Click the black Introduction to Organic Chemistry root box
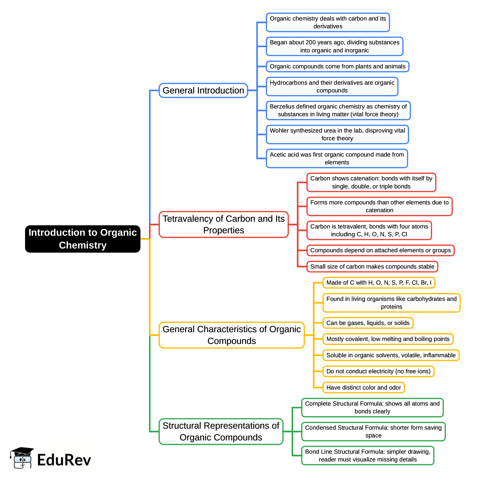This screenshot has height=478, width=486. click(83, 239)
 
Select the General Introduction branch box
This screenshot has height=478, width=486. click(203, 90)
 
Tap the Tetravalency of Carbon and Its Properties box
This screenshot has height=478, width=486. click(223, 224)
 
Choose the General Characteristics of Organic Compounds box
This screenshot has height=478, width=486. click(231, 335)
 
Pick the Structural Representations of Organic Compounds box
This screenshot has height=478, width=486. click(221, 431)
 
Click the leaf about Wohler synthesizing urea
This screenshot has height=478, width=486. click(337, 134)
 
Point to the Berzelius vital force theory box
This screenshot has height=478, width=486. click(338, 110)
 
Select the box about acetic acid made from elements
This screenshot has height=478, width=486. click(337, 158)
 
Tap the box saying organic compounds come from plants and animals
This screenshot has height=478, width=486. click(337, 66)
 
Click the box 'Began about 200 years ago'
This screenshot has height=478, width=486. click(334, 46)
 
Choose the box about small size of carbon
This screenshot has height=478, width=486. click(372, 266)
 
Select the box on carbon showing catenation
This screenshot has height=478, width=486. click(371, 182)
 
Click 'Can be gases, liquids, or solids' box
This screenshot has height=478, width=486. click(368, 323)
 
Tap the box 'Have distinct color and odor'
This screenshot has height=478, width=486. click(363, 387)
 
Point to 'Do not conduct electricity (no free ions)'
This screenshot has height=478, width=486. click(378, 371)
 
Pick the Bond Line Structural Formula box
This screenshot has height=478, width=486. click(368, 455)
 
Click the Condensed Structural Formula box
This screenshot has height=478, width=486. click(373, 431)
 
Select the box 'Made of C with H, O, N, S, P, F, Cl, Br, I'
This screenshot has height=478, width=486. click(379, 282)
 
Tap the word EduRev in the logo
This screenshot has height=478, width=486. click(64, 460)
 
